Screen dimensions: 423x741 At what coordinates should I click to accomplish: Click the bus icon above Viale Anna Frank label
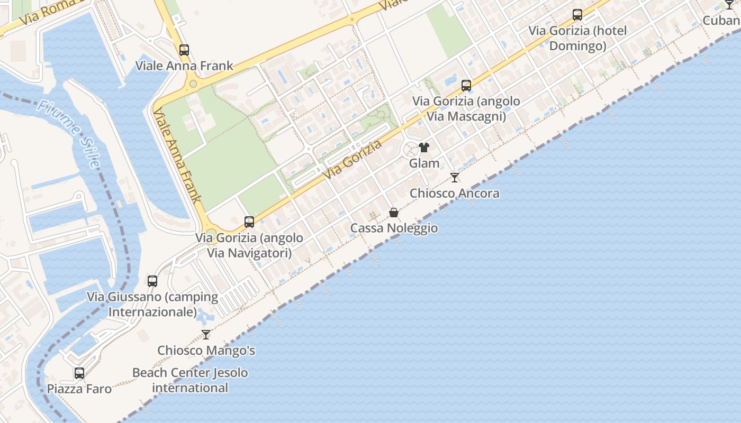(x=184, y=50)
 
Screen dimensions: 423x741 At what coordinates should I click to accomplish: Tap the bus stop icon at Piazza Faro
(x=79, y=373)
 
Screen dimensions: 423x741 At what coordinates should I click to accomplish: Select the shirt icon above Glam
(x=424, y=148)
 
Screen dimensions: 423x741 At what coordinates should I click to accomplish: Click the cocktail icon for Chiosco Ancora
(x=455, y=178)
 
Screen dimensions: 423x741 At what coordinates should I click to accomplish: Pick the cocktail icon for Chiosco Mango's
(x=206, y=335)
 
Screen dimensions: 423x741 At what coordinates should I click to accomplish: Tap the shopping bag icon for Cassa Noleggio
(x=394, y=213)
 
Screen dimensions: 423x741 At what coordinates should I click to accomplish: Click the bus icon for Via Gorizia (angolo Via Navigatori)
(x=249, y=222)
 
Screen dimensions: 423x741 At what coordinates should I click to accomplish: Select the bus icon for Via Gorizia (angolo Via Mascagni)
(x=466, y=85)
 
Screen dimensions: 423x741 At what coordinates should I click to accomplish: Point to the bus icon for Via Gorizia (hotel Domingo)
(x=577, y=15)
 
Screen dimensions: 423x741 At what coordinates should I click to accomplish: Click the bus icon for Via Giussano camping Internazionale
(x=152, y=281)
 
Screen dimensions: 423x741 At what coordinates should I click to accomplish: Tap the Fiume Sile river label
(x=69, y=134)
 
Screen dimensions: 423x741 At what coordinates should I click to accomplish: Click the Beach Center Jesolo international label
(x=190, y=380)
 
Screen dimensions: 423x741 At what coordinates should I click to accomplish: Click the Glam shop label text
(x=424, y=163)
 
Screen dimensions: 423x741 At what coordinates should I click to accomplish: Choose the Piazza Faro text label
(x=79, y=389)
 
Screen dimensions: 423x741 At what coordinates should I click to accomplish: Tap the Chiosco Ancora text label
(x=455, y=194)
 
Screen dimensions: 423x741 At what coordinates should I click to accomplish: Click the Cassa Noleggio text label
(x=394, y=228)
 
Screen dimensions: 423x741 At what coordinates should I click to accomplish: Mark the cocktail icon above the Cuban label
(x=729, y=5)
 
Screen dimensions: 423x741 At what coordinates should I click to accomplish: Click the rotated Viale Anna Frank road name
(x=177, y=156)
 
